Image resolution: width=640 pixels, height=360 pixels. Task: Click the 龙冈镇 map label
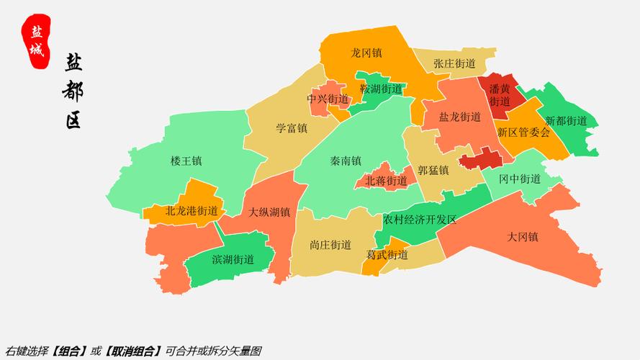(366, 53)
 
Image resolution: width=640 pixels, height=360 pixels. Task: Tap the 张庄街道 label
(454, 63)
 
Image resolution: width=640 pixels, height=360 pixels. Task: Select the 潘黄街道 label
(500, 95)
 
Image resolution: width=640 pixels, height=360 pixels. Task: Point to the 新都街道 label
(566, 121)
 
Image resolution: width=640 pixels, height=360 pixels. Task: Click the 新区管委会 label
(523, 132)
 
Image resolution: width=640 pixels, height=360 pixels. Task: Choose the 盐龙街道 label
(460, 117)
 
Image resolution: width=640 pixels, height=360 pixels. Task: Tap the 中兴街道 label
(328, 99)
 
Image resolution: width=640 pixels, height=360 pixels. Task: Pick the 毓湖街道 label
(381, 89)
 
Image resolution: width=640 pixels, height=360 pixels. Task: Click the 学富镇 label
(292, 128)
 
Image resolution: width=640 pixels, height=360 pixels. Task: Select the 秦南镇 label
(346, 161)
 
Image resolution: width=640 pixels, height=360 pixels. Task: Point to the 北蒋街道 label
(386, 181)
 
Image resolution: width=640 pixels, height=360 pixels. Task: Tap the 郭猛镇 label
(433, 171)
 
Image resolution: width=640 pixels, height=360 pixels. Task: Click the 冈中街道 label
(520, 179)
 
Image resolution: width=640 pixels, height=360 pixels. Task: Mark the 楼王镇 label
(186, 161)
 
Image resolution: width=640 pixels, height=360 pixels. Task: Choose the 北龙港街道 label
(191, 211)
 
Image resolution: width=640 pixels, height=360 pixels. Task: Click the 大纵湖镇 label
(269, 212)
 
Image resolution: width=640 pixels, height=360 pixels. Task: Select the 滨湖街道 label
(233, 259)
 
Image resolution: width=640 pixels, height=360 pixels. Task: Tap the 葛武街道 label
(387, 255)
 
